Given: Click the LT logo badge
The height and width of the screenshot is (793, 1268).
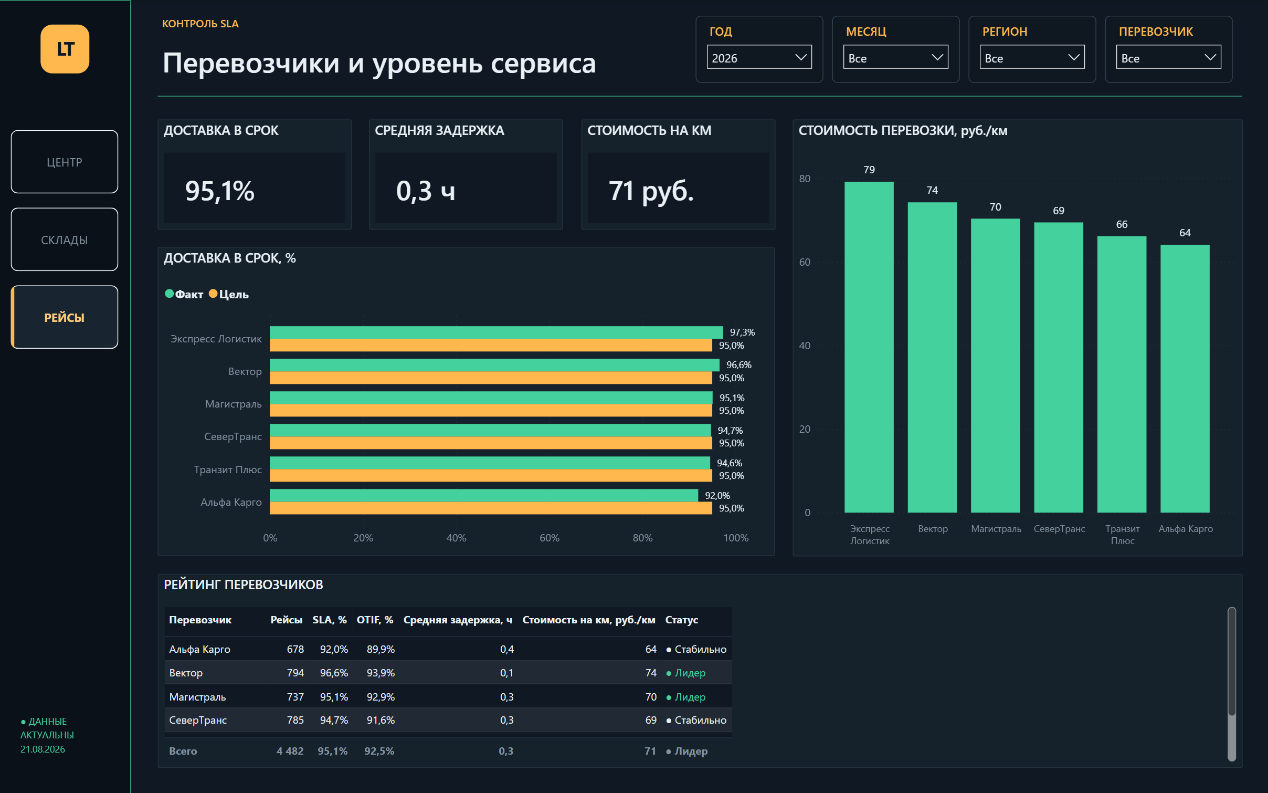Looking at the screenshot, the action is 65,49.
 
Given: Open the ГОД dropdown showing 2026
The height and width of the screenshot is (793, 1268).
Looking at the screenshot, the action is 759,57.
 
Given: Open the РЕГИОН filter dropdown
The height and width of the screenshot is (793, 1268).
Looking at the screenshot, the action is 1032,57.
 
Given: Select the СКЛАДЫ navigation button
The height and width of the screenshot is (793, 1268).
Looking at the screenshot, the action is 65,239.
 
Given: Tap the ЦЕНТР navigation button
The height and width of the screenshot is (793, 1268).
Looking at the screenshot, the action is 65,162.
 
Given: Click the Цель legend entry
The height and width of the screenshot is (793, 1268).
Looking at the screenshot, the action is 229,294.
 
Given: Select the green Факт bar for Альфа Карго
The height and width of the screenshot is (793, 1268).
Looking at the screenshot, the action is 484,495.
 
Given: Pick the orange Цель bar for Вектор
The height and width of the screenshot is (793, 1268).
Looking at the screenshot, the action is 491,378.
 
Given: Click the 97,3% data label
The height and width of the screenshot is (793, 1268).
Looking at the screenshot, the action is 742,332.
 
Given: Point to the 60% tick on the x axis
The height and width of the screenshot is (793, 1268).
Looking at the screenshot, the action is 550,538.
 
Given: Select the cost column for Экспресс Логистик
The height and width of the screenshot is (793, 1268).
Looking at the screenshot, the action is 869,347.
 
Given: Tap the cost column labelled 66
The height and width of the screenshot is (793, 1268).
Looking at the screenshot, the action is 1122,374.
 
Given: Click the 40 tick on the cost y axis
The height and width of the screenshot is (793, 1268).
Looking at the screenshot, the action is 805,346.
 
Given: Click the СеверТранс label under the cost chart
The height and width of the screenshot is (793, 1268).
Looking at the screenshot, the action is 1059,529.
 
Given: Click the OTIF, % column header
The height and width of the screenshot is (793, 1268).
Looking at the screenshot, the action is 375,620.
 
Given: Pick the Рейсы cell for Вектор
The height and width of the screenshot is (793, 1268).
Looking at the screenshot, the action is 295,673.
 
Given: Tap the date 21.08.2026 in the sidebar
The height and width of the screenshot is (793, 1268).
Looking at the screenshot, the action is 43,749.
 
